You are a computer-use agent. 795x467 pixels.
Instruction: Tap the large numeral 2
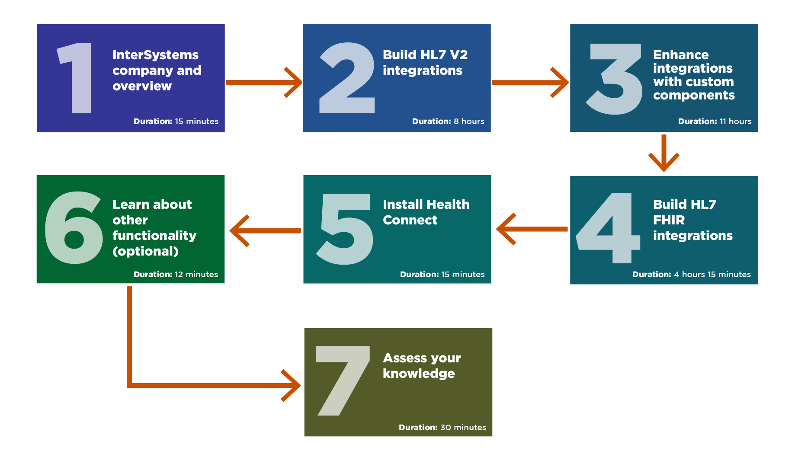(x=347, y=78)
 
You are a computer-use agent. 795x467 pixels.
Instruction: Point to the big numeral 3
(x=614, y=79)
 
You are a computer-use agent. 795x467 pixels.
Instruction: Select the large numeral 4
(x=608, y=228)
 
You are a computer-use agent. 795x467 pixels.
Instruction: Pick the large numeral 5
(x=345, y=229)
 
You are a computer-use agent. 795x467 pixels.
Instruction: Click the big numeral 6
(x=74, y=227)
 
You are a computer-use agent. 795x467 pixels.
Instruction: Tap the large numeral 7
(x=343, y=381)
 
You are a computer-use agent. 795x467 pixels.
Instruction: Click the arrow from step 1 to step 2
(x=264, y=82)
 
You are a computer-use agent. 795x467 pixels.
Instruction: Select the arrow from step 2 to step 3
(x=530, y=82)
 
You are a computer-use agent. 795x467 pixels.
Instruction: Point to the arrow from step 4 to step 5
(x=532, y=229)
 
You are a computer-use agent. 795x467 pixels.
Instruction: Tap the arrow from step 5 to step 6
(x=265, y=231)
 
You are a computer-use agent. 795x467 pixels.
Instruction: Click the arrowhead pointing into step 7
(x=291, y=385)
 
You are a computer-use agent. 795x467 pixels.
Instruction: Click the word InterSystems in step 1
(x=155, y=55)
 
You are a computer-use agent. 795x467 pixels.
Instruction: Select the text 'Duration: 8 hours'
(x=448, y=122)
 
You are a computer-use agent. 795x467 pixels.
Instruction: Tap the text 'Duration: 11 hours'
(x=715, y=122)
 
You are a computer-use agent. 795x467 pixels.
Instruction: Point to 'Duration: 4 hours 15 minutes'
(x=691, y=275)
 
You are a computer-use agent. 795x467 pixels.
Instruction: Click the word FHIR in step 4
(x=669, y=220)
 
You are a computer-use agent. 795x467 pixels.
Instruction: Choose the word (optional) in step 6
(x=145, y=251)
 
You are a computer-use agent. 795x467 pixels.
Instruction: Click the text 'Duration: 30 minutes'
(x=442, y=428)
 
